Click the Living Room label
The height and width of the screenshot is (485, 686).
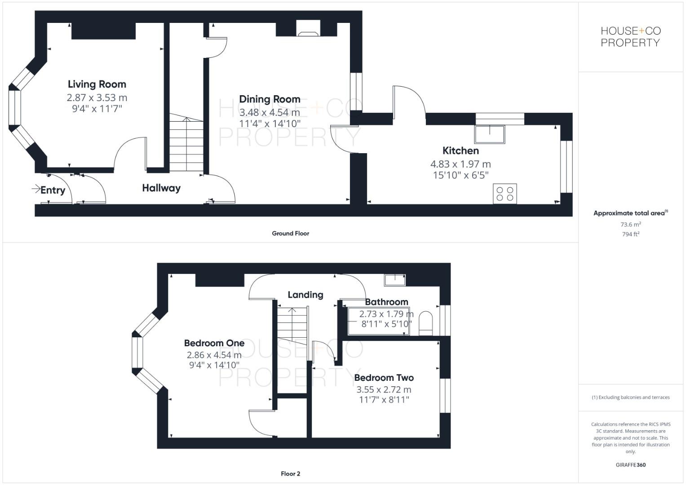click(x=97, y=84)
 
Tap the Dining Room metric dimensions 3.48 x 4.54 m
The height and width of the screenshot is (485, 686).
click(x=270, y=112)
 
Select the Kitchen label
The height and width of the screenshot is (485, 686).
click(x=460, y=150)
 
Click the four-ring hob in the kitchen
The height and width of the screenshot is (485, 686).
click(x=505, y=194)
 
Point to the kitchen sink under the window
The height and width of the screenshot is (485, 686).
click(x=489, y=134)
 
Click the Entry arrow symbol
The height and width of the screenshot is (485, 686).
click(x=36, y=189)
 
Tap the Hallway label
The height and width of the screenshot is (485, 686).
click(x=161, y=188)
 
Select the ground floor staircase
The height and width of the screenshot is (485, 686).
click(x=186, y=144)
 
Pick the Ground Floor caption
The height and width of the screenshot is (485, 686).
click(x=290, y=233)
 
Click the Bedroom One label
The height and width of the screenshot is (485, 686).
click(x=214, y=343)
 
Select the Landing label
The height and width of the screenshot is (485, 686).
click(x=305, y=295)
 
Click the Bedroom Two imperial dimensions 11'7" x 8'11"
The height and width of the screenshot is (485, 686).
click(x=384, y=400)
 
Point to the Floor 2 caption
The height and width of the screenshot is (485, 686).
click(x=290, y=473)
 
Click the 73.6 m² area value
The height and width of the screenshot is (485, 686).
click(x=630, y=224)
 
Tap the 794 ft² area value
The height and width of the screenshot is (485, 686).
click(x=630, y=234)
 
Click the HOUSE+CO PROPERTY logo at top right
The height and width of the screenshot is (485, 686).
click(x=630, y=37)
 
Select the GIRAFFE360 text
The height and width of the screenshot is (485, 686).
click(x=630, y=465)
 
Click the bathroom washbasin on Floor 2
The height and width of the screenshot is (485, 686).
click(x=394, y=280)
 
